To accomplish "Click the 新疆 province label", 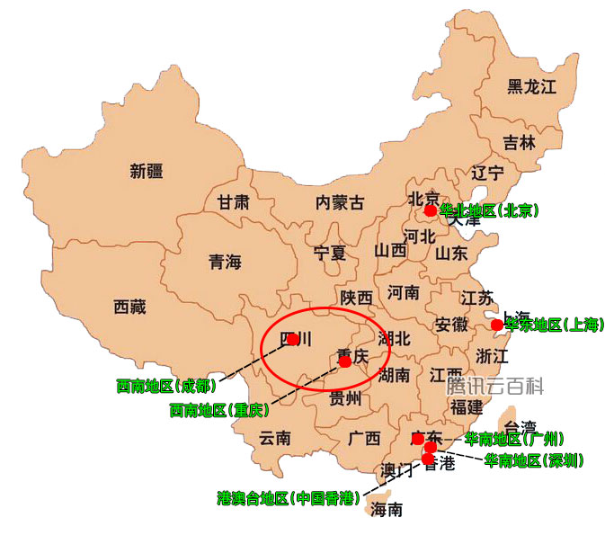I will [x=147, y=171].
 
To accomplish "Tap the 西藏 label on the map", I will [x=129, y=307].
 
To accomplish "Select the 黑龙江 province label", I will [x=532, y=86].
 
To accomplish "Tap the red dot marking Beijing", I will [x=431, y=210].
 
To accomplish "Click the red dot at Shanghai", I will [x=497, y=324].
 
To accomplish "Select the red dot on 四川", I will [x=292, y=339].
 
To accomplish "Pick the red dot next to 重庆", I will [x=345, y=361].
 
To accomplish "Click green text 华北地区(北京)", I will [x=489, y=210].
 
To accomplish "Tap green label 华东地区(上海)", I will [x=554, y=324].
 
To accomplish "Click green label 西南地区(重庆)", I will [x=219, y=410].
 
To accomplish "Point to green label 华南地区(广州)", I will [x=514, y=439].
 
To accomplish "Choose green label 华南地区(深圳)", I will [x=534, y=460].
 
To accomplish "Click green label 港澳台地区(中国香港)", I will [x=287, y=497].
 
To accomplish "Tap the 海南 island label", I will [x=387, y=510].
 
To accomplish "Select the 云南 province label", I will [x=275, y=439].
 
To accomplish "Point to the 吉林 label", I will [x=519, y=142].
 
